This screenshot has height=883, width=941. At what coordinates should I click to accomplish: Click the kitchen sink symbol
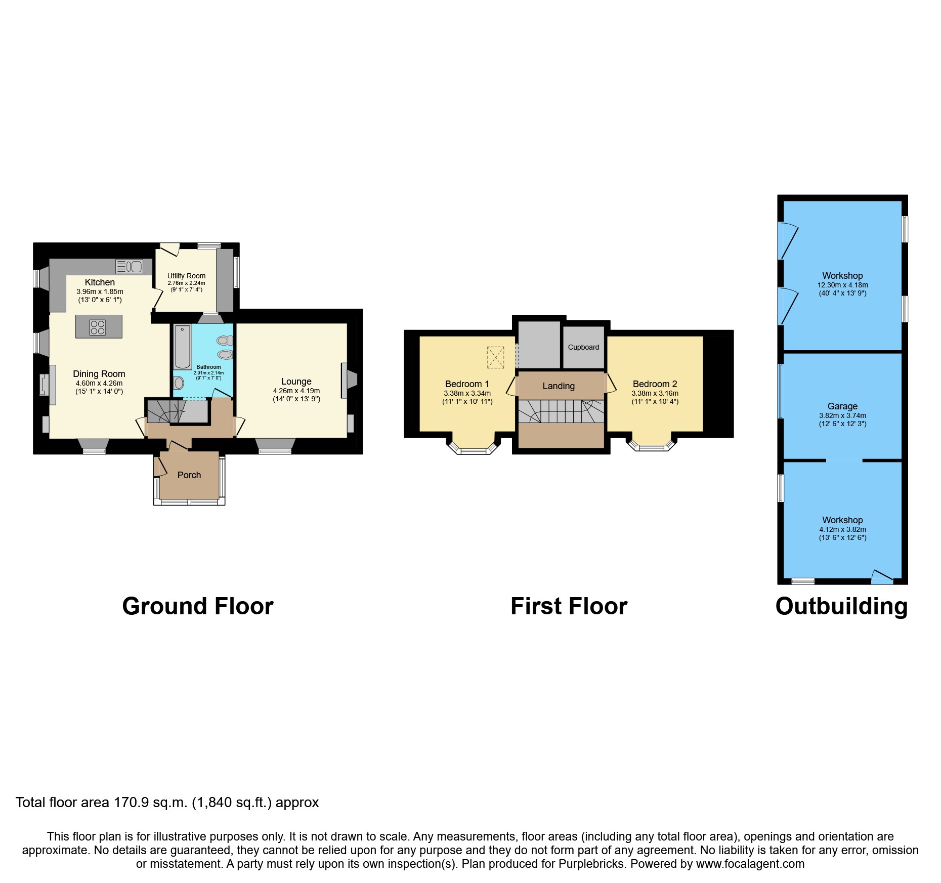[x=130, y=266]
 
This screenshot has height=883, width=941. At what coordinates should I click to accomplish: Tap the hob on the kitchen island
[x=98, y=327]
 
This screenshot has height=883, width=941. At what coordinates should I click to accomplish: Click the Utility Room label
[x=186, y=276]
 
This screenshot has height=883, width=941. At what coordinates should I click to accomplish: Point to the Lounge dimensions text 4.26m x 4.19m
[x=296, y=391]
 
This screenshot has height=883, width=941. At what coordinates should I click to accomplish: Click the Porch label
[x=189, y=475]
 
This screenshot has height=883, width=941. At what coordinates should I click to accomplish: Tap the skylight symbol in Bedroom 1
[x=495, y=357]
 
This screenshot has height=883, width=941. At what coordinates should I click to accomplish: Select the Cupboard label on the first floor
[x=583, y=347]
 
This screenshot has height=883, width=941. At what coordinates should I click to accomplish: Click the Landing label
[x=559, y=386]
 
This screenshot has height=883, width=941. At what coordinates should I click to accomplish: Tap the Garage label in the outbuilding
[x=842, y=406]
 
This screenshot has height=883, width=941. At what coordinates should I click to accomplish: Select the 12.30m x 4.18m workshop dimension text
[x=842, y=285]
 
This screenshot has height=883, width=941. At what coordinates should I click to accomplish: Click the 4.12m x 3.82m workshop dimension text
[x=842, y=529]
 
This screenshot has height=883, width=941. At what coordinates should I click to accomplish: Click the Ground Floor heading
[x=198, y=606]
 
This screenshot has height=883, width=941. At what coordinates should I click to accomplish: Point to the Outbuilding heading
[x=841, y=606]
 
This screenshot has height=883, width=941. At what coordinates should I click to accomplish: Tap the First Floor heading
[x=569, y=606]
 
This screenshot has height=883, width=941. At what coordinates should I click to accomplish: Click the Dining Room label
[x=99, y=374]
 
